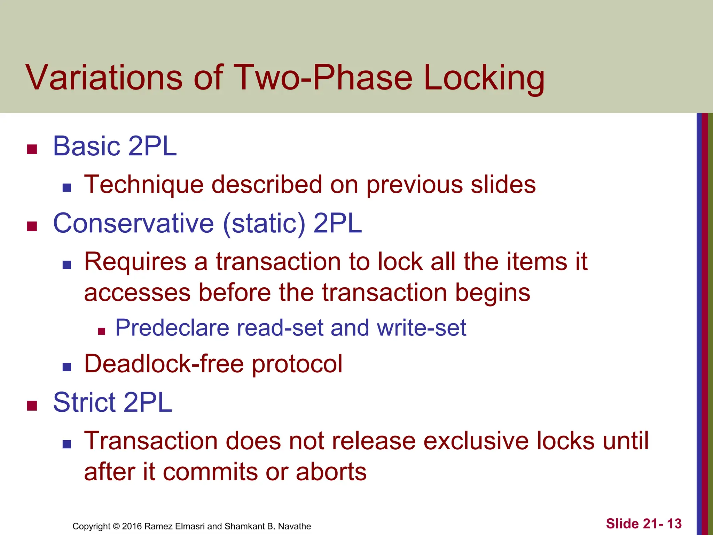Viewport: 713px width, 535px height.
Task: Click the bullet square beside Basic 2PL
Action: tap(32, 149)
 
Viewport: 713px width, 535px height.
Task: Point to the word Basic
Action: tap(87, 146)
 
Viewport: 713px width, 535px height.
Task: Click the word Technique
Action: tap(144, 185)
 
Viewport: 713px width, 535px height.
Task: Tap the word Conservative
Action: tap(133, 223)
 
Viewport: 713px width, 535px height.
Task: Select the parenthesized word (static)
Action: tap(264, 224)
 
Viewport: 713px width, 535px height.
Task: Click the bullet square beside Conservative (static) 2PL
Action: tap(32, 226)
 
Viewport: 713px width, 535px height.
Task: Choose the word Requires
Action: tap(135, 262)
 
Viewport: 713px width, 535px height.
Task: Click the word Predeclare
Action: tap(172, 328)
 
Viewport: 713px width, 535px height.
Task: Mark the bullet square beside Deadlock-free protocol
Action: tap(67, 367)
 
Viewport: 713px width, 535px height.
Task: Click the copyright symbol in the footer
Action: tap(116, 526)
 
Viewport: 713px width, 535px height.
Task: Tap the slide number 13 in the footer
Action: tap(674, 524)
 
